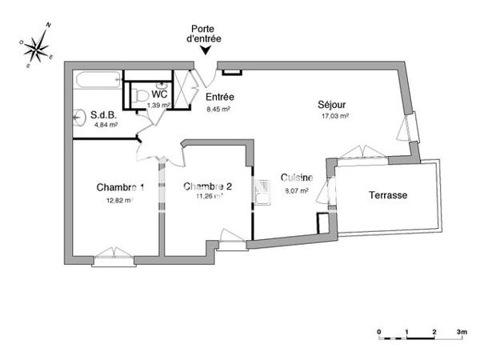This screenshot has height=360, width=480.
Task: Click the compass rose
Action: click(x=37, y=47)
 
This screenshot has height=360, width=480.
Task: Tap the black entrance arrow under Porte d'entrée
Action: click(x=205, y=50)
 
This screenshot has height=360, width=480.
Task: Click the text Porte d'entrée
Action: click(x=204, y=33)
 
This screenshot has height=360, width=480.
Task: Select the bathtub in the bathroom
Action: click(x=97, y=78)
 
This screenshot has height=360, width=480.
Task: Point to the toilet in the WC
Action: click(x=142, y=96)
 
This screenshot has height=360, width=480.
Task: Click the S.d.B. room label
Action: click(x=105, y=114)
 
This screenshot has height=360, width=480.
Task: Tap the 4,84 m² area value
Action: click(x=106, y=125)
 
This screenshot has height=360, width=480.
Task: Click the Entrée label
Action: click(x=219, y=98)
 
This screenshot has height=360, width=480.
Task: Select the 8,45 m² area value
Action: click(x=218, y=109)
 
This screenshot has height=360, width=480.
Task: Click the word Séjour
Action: click(x=332, y=104)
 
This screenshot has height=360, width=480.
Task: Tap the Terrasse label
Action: click(x=388, y=195)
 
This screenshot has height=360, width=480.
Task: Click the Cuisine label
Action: click(x=296, y=178)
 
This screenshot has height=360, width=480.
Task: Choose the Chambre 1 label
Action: click(x=120, y=187)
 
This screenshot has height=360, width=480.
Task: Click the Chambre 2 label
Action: click(x=208, y=186)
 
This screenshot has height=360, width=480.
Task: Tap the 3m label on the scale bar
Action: click(x=462, y=330)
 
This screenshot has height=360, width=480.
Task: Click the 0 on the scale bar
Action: click(x=380, y=330)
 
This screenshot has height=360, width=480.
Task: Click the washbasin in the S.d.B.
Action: click(x=78, y=118)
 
